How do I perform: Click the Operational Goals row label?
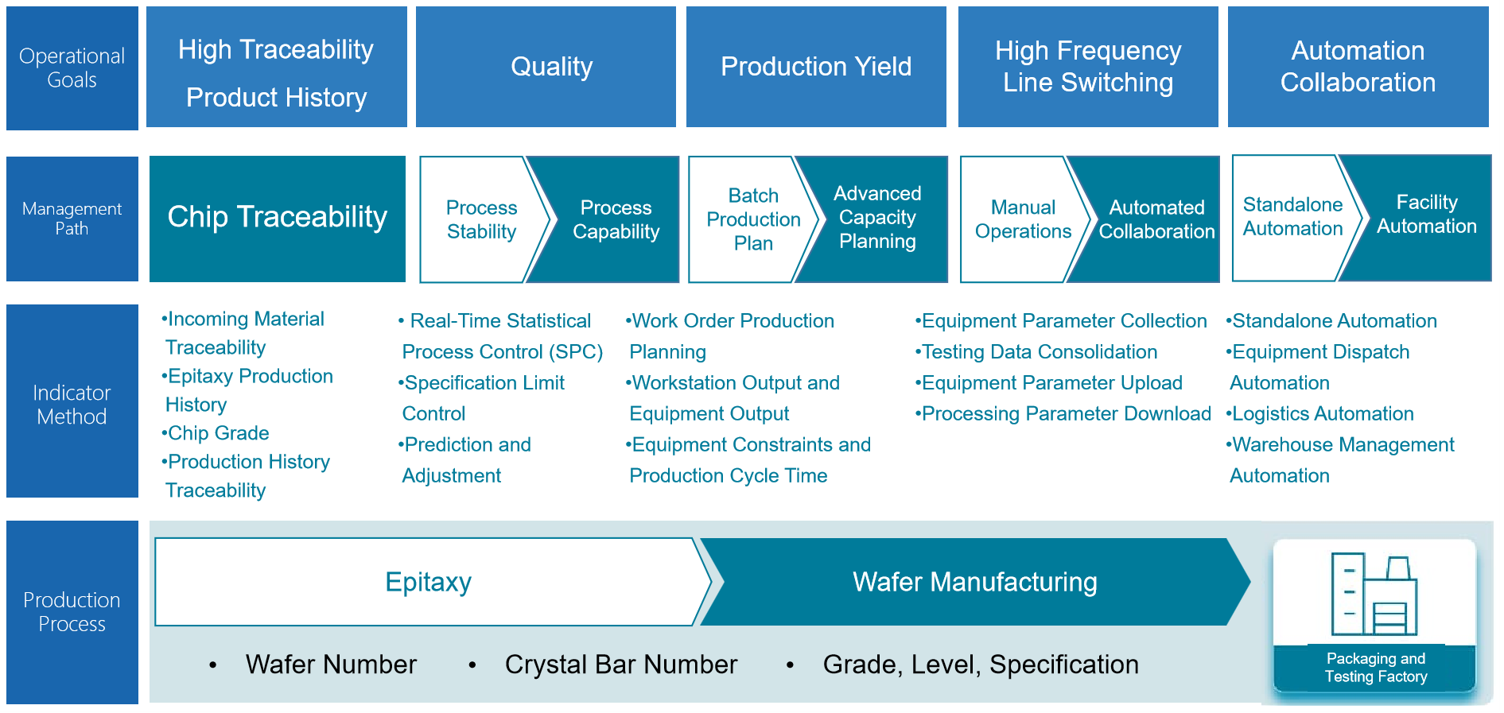[x=72, y=68]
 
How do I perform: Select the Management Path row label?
[x=72, y=219]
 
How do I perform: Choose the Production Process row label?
[x=72, y=611]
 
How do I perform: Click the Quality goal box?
[x=546, y=67]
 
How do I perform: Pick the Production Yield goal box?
[x=816, y=67]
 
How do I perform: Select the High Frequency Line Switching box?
[x=1088, y=67]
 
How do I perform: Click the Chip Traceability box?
[x=278, y=219]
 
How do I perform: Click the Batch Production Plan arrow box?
[x=752, y=219]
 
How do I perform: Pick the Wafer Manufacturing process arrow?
[x=975, y=582]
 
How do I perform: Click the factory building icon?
[x=1374, y=594]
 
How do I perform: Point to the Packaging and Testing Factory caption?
[x=1376, y=668]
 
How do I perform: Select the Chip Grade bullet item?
[x=216, y=433]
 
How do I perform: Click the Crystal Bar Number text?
[x=621, y=665]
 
